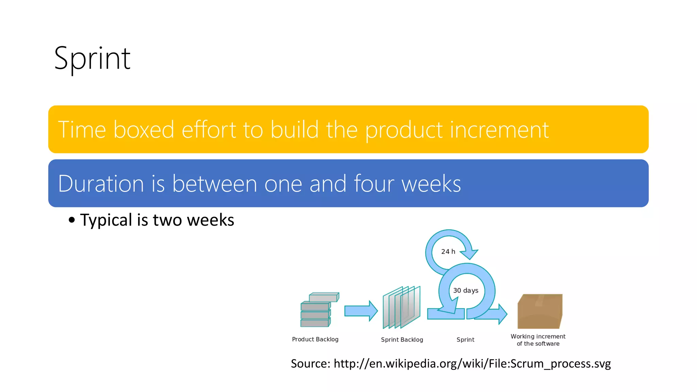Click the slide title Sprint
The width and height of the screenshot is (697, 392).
[x=92, y=59]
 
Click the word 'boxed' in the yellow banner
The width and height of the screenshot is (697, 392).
[x=144, y=130]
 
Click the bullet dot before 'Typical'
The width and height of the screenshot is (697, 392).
[x=71, y=220]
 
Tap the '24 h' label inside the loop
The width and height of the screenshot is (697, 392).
[x=448, y=251]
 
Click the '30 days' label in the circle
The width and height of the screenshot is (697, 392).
[x=466, y=290]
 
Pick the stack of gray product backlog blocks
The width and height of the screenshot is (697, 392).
[x=318, y=310]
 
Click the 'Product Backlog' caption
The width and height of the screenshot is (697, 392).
[x=315, y=339]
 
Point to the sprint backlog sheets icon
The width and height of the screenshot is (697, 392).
[x=402, y=307]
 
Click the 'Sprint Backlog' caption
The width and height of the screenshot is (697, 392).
[x=402, y=340]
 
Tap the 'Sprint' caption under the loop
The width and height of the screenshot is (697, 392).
[x=465, y=340]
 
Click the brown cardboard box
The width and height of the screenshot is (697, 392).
[x=540, y=311]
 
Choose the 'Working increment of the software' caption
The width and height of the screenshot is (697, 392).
[x=538, y=340]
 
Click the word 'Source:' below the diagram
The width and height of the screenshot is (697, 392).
[x=310, y=363]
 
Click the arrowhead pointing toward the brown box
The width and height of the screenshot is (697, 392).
[x=502, y=314]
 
